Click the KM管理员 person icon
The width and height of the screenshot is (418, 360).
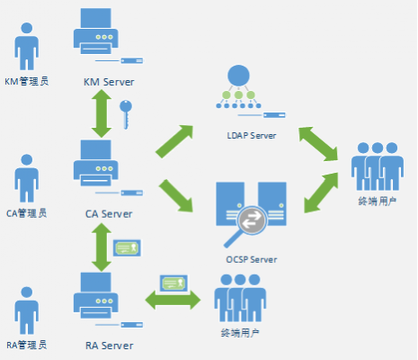27,47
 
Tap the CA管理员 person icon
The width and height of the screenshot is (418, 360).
27,178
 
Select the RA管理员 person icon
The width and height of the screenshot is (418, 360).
27,310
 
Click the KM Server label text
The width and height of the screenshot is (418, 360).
109,82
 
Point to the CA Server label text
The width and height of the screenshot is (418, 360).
109,214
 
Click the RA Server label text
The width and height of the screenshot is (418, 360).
109,346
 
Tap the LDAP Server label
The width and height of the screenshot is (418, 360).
252,136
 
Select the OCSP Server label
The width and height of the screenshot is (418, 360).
252,259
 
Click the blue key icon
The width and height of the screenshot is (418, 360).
126,114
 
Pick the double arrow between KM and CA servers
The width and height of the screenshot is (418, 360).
102,113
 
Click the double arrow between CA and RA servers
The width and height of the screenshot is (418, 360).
102,247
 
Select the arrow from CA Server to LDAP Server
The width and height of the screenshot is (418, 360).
174,141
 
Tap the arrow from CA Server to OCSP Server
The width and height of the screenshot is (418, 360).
176,195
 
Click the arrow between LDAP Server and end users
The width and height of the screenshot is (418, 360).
318,144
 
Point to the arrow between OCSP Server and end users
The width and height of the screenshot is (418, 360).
321,193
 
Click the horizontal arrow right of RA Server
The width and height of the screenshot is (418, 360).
173,300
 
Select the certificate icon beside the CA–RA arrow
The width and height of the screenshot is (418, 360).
127,247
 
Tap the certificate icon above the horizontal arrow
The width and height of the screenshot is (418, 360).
173,283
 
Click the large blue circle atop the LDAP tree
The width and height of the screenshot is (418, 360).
238,76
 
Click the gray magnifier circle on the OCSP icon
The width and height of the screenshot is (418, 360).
252,220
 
